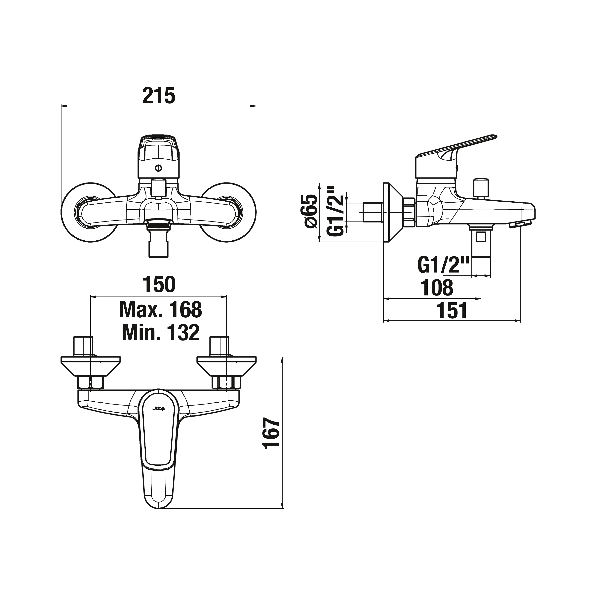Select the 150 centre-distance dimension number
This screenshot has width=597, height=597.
coord(159,284)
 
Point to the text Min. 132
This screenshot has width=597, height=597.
coord(160,333)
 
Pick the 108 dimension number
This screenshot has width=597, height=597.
coord(436,287)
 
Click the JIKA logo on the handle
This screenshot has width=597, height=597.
coord(159,409)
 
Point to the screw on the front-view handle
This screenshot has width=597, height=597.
coord(159,168)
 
